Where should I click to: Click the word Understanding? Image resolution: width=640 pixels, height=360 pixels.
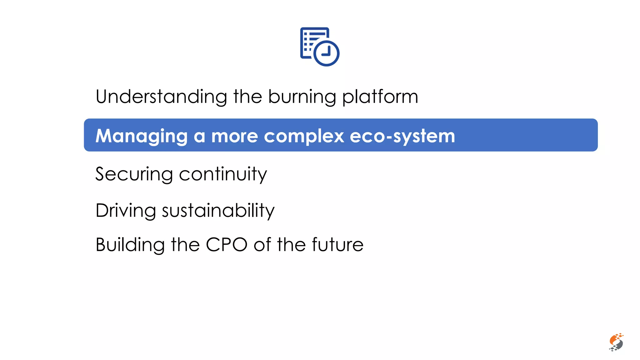coord(161,97)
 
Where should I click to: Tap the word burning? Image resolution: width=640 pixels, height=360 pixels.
coord(302,97)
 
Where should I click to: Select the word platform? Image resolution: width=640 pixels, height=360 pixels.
coord(380,97)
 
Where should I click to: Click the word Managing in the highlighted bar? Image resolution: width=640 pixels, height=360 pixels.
coord(142,136)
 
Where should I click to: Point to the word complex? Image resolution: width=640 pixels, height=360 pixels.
coord(304,137)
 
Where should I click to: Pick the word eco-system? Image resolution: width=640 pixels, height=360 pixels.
coord(402,137)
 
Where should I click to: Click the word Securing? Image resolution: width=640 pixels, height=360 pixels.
coord(134,174)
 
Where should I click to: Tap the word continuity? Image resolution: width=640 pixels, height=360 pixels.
coord(223,174)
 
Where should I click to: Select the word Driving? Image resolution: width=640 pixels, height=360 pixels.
coord(126,211)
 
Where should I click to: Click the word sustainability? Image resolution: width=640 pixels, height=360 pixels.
coord(218,211)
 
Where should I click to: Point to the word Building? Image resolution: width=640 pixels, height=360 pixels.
coord(130,245)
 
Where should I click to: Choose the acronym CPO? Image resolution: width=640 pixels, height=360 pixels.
coord(227,245)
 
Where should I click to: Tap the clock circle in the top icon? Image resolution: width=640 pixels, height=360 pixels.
coord(326,53)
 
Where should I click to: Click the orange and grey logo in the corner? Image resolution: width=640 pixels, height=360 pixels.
coord(616,342)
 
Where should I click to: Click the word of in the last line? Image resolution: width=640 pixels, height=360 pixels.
coord(262,245)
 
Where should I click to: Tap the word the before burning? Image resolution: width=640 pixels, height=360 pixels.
coord(247,97)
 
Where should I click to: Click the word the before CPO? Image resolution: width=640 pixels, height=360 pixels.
coord(185,245)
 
